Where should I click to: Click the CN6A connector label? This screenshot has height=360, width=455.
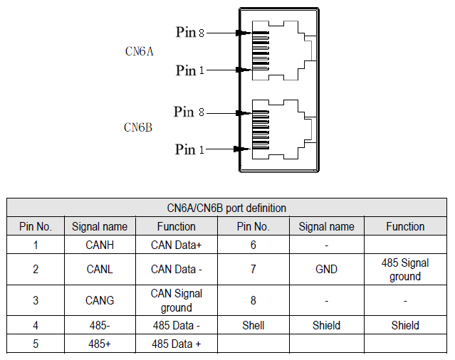140,51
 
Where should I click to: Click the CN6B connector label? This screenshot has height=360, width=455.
138,127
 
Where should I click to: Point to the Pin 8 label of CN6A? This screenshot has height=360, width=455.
190,32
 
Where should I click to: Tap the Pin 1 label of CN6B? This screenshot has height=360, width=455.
189,149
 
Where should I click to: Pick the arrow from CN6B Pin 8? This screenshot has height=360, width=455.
226,112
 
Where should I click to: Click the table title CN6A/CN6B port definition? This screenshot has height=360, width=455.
226,208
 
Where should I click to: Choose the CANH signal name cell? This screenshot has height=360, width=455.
100,245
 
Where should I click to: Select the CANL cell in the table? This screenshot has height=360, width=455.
100,270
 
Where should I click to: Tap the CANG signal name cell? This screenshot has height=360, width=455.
100,300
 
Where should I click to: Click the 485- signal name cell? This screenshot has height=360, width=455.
100,325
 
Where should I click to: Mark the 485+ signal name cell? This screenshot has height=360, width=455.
100,344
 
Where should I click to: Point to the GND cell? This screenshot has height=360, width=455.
326,270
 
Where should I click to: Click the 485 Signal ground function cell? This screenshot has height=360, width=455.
405,270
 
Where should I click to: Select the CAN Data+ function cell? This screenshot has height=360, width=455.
176,245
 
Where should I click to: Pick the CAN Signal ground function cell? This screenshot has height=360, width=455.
176,300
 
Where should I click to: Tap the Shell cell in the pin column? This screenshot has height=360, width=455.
253,325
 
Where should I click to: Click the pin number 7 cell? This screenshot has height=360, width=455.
253,270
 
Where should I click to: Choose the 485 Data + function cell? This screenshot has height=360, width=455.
176,344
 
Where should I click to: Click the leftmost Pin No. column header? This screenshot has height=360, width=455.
36,226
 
